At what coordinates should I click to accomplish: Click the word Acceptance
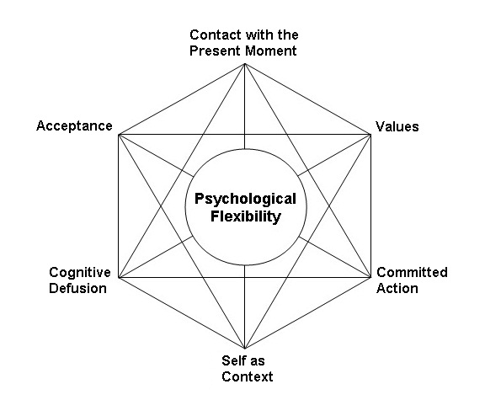pos(74,126)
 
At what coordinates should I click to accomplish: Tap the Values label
pos(397,126)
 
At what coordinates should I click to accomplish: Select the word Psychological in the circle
pos(245,200)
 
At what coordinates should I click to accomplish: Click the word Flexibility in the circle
pos(246,216)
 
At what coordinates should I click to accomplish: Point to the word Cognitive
pos(80,273)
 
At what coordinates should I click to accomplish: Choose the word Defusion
pos(77,288)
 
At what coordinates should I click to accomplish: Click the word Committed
pos(412,272)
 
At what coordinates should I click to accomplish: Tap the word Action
pos(397,288)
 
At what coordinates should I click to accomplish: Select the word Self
pos(232,360)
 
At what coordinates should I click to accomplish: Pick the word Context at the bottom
pos(248,376)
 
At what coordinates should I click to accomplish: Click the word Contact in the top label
pos(216,35)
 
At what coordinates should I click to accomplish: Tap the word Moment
pos(270,51)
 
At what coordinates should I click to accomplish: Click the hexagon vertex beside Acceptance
pos(119,135)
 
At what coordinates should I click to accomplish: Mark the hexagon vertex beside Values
pos(370,135)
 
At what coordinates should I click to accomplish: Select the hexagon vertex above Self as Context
pos(245,349)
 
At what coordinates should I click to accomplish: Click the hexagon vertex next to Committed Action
pos(370,277)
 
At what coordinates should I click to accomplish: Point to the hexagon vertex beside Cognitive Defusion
pos(119,277)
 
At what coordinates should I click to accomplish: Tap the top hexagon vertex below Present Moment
pos(245,64)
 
